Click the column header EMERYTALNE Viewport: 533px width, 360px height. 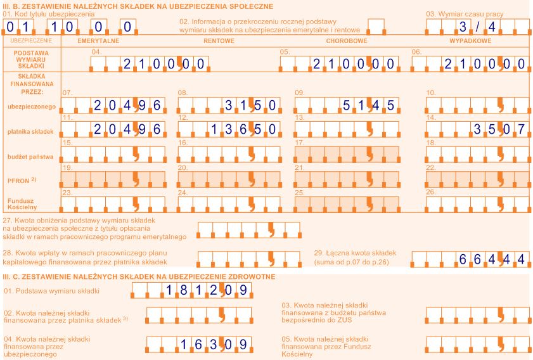click(x=98, y=41)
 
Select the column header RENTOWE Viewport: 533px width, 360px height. click(x=219, y=41)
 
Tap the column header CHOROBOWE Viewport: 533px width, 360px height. click(x=347, y=41)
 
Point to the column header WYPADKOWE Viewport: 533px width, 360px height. click(x=470, y=41)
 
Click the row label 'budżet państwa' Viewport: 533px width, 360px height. click(x=30, y=157)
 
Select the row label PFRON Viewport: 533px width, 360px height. click(x=18, y=181)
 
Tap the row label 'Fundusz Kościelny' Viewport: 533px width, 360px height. click(x=22, y=204)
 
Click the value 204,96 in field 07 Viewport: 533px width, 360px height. click(x=127, y=105)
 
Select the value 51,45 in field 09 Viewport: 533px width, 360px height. click(x=368, y=105)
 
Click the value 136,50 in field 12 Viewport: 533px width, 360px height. click(x=243, y=129)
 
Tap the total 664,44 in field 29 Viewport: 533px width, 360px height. click(x=492, y=259)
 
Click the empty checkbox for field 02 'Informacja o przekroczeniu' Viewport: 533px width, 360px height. click(x=376, y=27)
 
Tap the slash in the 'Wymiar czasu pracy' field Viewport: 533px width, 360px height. click(x=478, y=27)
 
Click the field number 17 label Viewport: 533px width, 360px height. click(x=299, y=143)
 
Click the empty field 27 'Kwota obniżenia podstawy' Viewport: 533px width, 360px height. click(x=249, y=230)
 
